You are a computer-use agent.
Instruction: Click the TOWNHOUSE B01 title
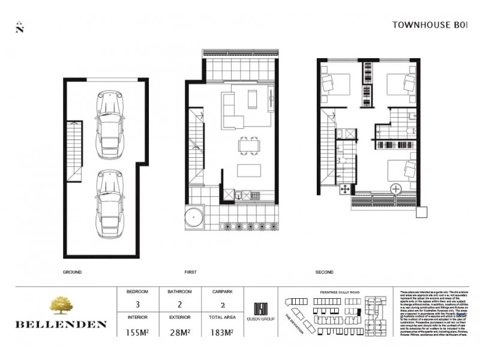point(429,25)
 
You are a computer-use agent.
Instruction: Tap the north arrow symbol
point(20,26)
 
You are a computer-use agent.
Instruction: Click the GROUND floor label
point(72,272)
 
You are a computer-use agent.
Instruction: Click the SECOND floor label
point(325,272)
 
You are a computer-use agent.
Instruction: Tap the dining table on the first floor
point(248,145)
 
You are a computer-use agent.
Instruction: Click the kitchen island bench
point(248,171)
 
